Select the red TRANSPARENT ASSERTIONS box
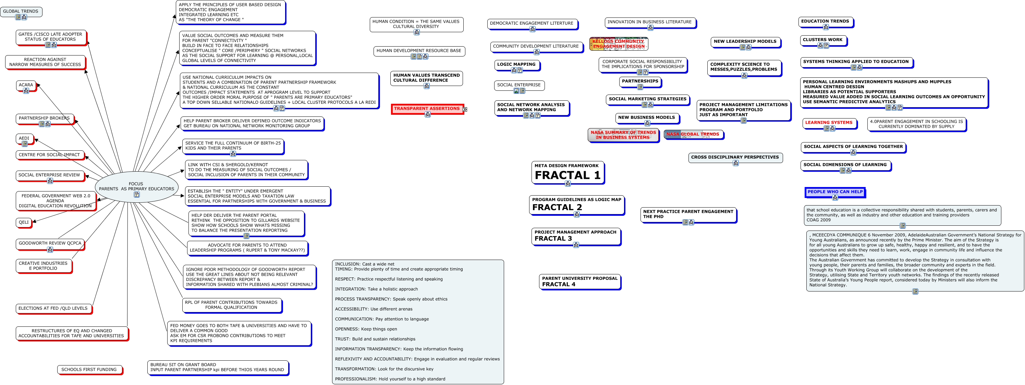[427, 109]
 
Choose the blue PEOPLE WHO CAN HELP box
[835, 192]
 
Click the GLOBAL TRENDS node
[21, 12]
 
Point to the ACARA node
[26, 85]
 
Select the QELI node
[24, 222]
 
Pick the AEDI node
[24, 138]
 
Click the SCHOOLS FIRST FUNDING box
[89, 370]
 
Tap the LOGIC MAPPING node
[516, 64]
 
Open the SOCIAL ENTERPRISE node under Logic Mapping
[518, 85]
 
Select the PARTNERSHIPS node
[640, 81]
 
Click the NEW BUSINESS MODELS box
[646, 118]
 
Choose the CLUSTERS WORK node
[822, 40]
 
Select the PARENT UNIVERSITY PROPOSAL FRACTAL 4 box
[579, 281]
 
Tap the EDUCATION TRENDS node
[825, 22]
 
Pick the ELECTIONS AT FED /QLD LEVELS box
[53, 308]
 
